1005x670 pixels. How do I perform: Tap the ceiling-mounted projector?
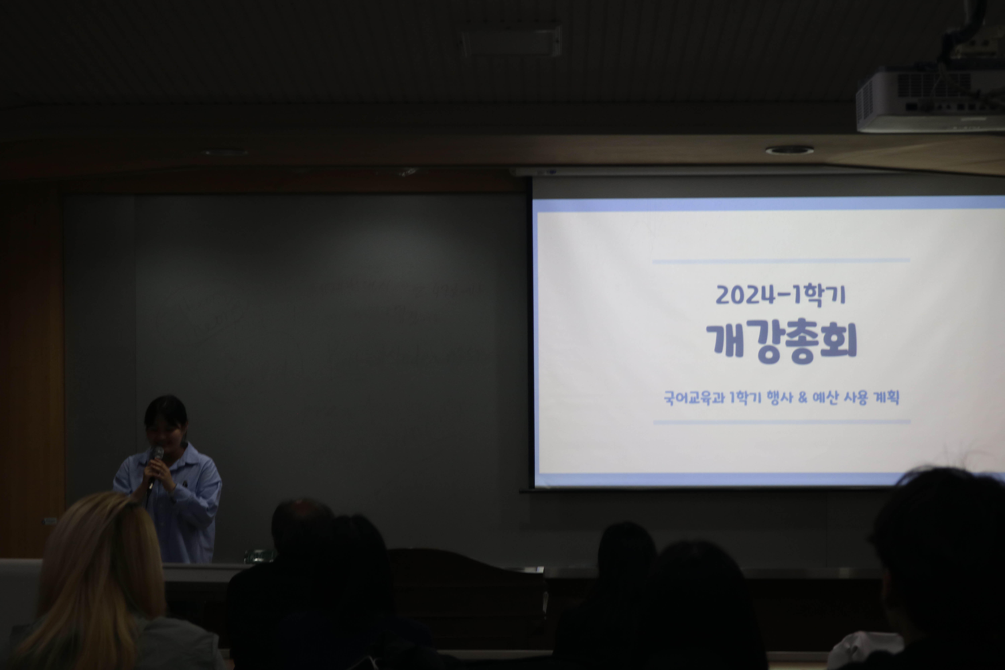[931, 100]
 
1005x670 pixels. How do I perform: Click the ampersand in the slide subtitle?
[802, 397]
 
